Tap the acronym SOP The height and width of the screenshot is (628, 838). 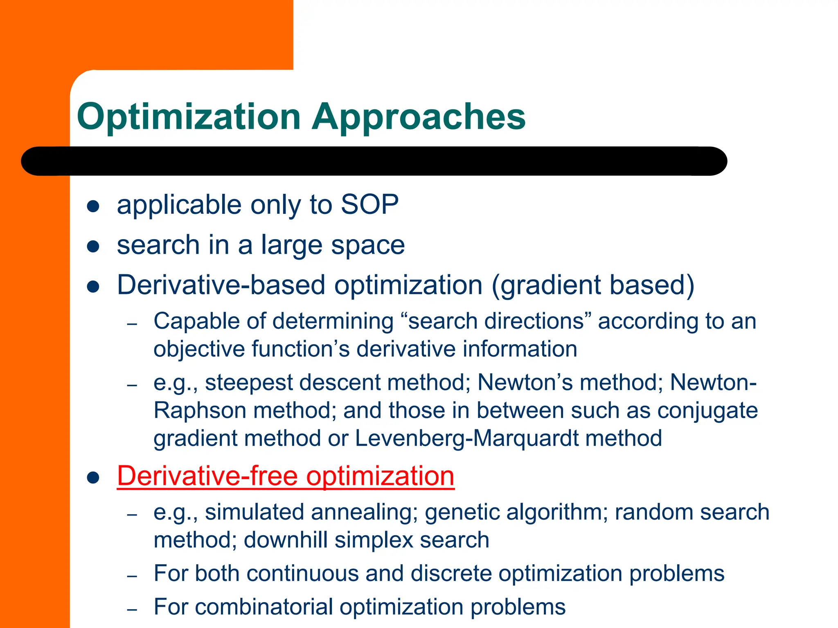click(x=369, y=204)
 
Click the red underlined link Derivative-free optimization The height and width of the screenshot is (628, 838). click(x=286, y=476)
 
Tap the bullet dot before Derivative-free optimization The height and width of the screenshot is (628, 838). click(x=93, y=478)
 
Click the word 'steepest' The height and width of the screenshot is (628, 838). click(x=248, y=383)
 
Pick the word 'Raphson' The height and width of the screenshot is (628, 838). click(x=200, y=410)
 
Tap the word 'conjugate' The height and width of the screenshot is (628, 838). click(x=707, y=410)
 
